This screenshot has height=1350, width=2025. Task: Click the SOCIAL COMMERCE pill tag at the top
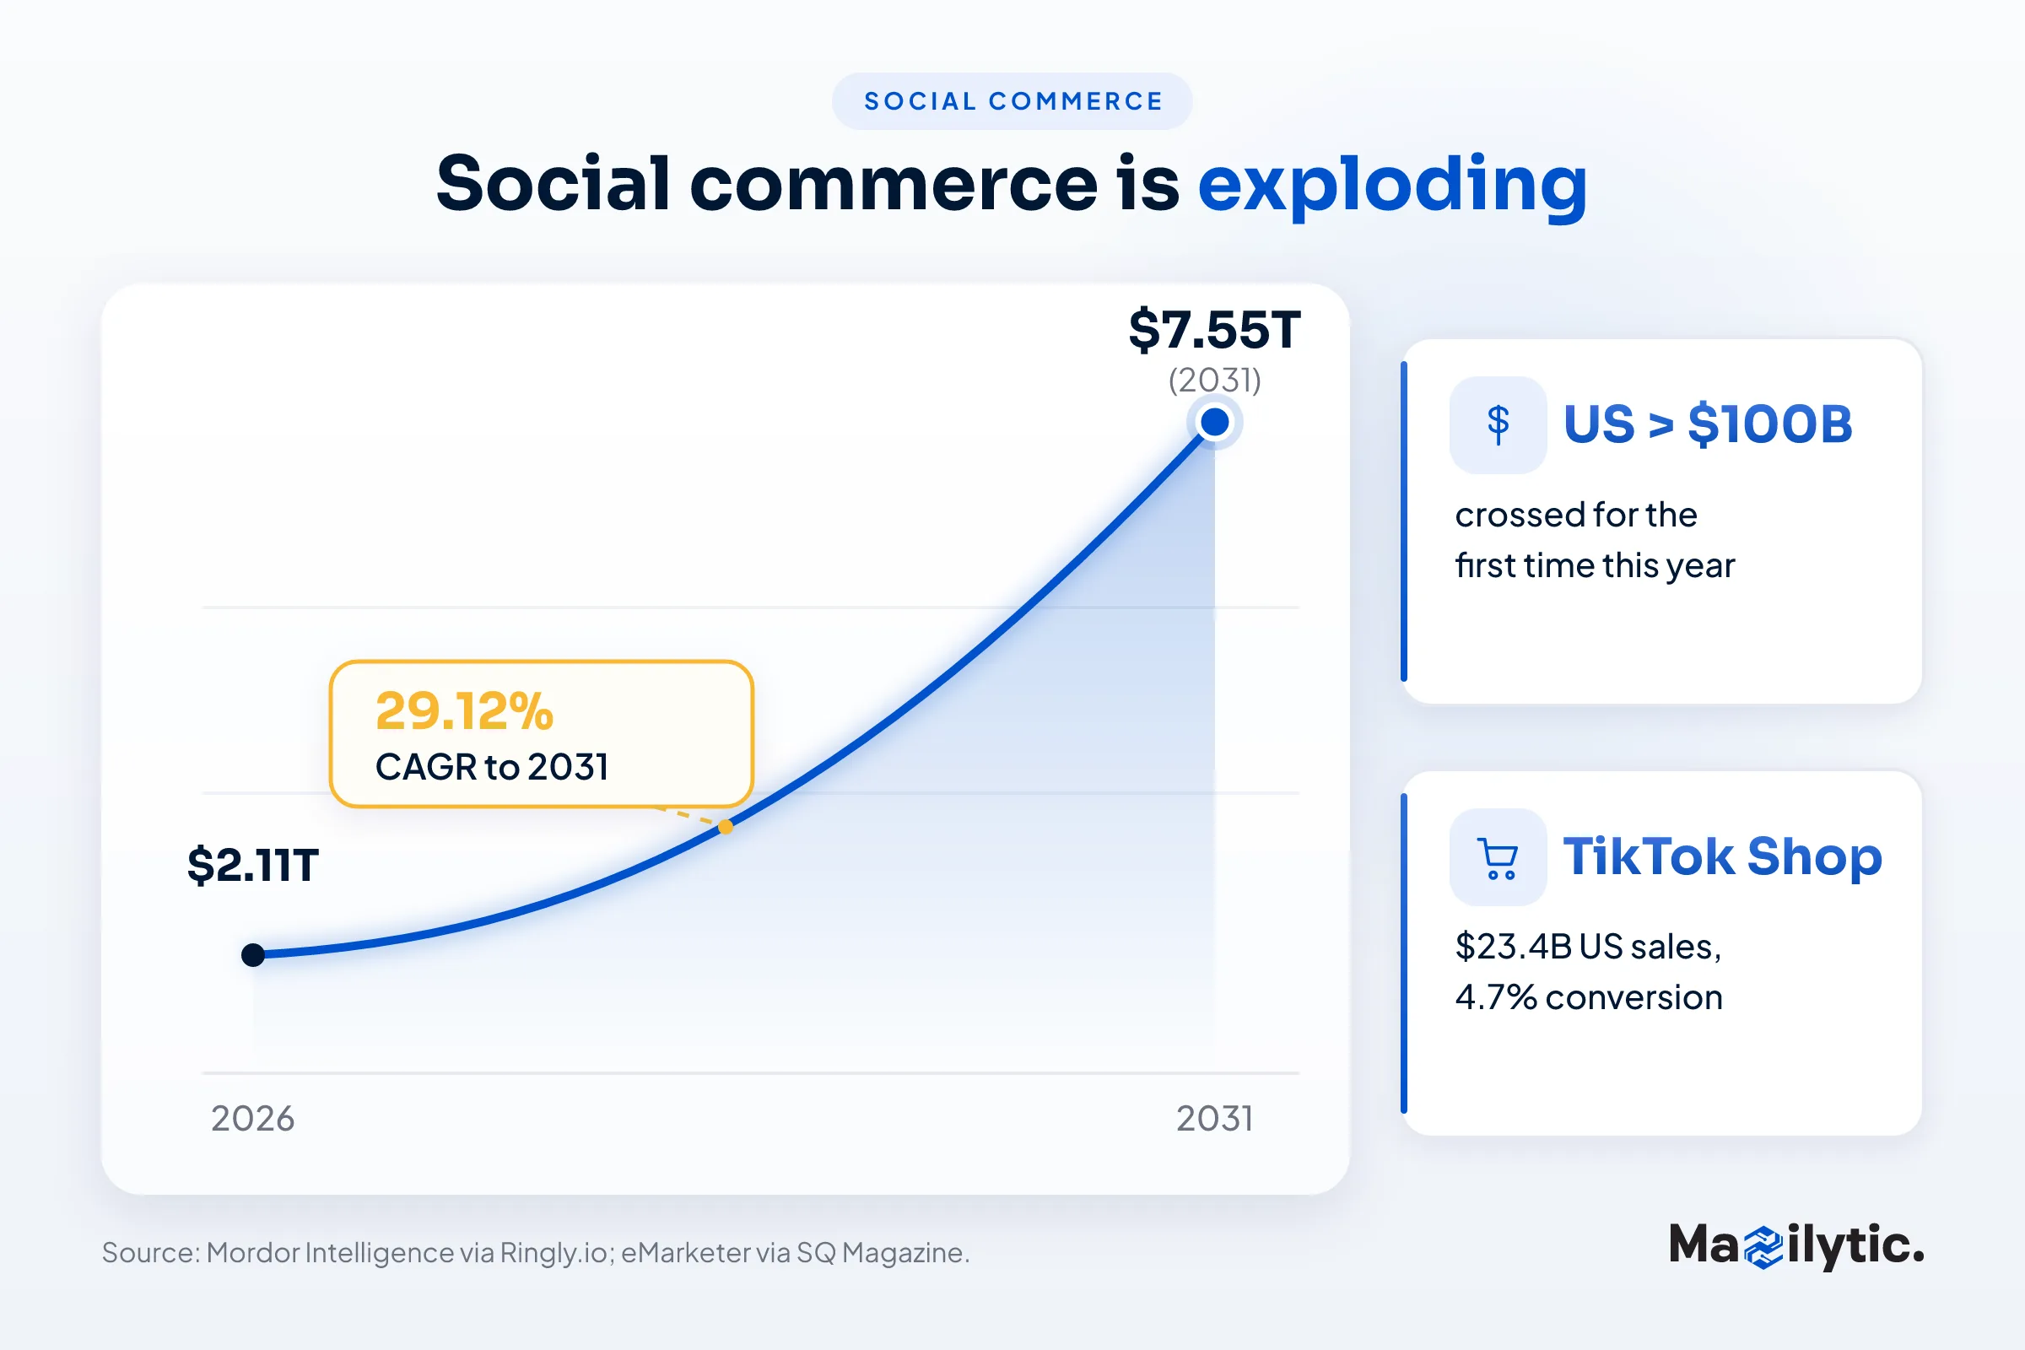point(1012,101)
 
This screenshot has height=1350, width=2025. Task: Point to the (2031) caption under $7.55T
point(1214,380)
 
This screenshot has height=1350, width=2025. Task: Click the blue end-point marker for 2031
point(1215,422)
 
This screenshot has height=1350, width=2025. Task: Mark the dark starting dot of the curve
point(253,955)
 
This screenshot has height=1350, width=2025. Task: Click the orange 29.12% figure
point(464,711)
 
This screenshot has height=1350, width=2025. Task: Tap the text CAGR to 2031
point(492,766)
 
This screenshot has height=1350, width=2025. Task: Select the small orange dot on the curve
point(726,827)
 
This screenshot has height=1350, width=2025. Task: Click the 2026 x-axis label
point(253,1119)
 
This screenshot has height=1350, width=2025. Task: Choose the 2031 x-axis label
point(1215,1119)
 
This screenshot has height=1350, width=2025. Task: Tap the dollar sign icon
point(1498,424)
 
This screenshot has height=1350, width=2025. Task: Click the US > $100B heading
point(1707,424)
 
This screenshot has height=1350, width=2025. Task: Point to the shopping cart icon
point(1498,857)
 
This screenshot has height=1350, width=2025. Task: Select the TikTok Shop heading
point(1723,856)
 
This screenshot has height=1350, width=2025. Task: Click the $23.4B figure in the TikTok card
point(1514,946)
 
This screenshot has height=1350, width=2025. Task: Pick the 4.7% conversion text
point(1589,997)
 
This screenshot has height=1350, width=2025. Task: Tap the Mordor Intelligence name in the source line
point(330,1253)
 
